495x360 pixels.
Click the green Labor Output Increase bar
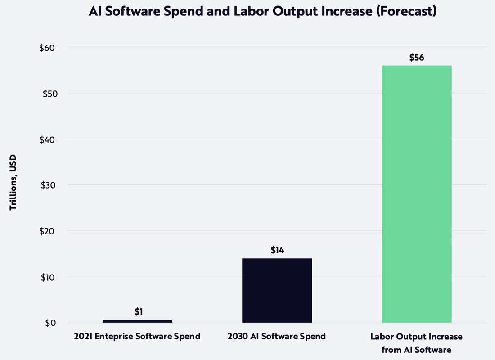click(x=416, y=193)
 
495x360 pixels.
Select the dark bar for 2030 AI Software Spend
click(x=277, y=290)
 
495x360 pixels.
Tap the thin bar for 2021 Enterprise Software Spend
click(x=137, y=321)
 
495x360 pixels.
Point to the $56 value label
click(x=417, y=58)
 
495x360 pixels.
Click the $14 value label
click(x=277, y=250)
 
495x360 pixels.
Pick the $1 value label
click(x=139, y=311)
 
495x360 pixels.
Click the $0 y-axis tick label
click(x=50, y=323)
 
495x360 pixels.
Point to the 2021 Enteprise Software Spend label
click(x=137, y=337)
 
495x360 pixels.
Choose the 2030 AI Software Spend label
click(x=277, y=337)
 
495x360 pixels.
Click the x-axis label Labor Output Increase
click(x=416, y=337)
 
